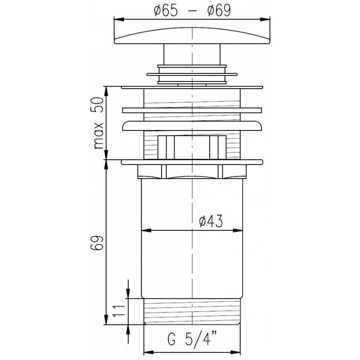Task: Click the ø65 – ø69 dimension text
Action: click(x=192, y=10)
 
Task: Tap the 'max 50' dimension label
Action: click(x=99, y=123)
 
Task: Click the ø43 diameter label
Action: click(x=211, y=221)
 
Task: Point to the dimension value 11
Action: click(x=119, y=310)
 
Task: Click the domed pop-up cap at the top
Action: click(x=192, y=36)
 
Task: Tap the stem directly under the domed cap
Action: click(x=192, y=54)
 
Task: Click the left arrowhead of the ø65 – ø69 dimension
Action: click(x=119, y=19)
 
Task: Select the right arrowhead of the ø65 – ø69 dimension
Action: click(x=265, y=19)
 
